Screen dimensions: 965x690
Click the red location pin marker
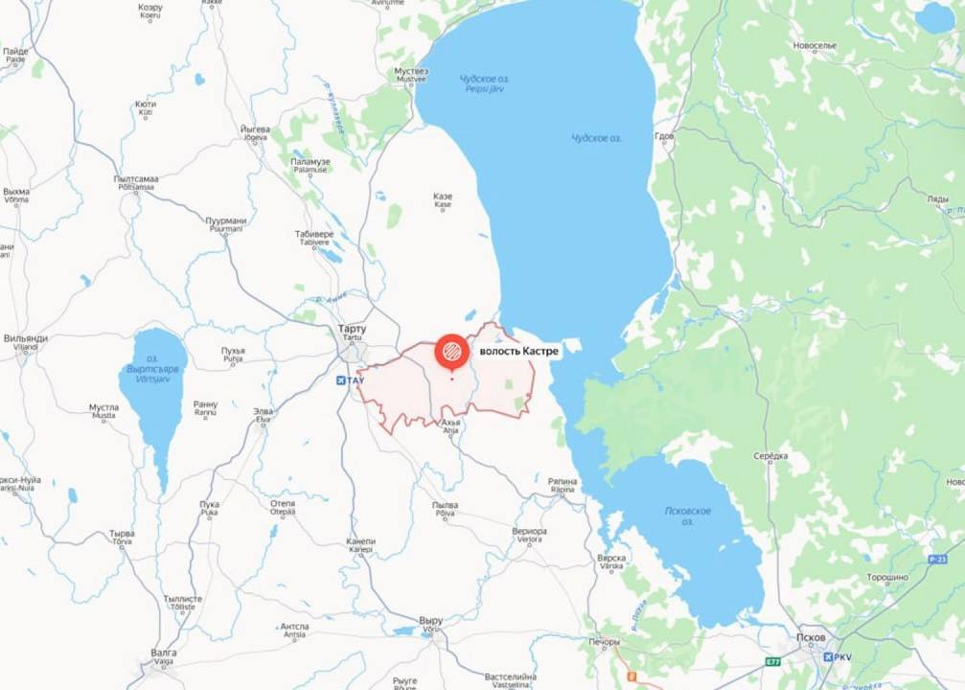pos(451,352)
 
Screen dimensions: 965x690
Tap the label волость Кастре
pos(518,352)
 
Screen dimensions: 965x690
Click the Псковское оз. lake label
pos(688,516)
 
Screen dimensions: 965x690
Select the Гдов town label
pos(665,137)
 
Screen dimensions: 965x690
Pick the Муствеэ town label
pos(411,74)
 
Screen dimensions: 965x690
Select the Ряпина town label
pos(563,483)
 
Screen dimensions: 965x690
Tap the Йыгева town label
pos(255,131)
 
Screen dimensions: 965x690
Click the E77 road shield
pos(773,661)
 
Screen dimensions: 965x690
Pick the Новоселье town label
pos(815,45)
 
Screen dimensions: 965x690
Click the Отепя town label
pos(283,506)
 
